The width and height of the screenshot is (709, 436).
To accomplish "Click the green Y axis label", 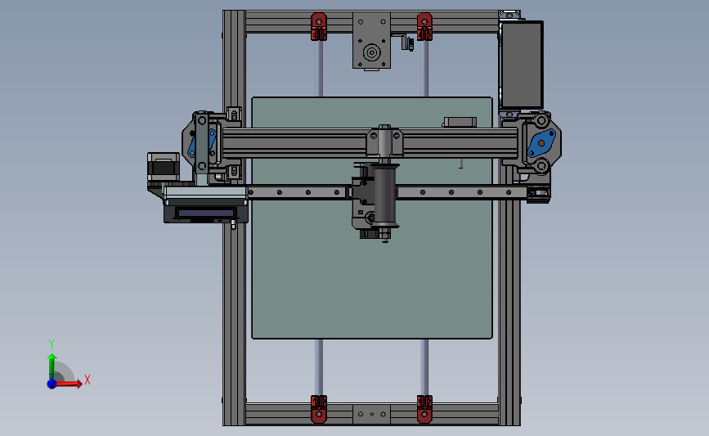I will pyautogui.click(x=51, y=344).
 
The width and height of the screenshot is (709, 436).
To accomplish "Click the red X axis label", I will pyautogui.click(x=87, y=380).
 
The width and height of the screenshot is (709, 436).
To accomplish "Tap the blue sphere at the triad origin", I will pyautogui.click(x=52, y=383).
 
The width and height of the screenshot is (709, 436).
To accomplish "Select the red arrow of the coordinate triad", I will pyautogui.click(x=70, y=383).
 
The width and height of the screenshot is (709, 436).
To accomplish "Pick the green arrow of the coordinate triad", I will pyautogui.click(x=51, y=363).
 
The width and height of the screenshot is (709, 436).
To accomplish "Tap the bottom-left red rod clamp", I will pyautogui.click(x=318, y=408).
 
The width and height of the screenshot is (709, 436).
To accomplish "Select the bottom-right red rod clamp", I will pyautogui.click(x=424, y=408).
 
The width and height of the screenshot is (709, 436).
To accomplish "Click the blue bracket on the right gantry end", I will pyautogui.click(x=540, y=143).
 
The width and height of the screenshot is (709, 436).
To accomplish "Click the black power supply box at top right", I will pyautogui.click(x=521, y=64).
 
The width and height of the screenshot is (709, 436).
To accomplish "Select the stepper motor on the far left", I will pyautogui.click(x=163, y=168).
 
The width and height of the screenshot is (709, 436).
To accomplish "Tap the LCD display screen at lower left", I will pyautogui.click(x=204, y=213).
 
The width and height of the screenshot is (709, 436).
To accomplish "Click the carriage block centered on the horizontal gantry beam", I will pyautogui.click(x=385, y=142).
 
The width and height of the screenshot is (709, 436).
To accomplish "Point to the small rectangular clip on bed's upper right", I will pyautogui.click(x=460, y=122).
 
